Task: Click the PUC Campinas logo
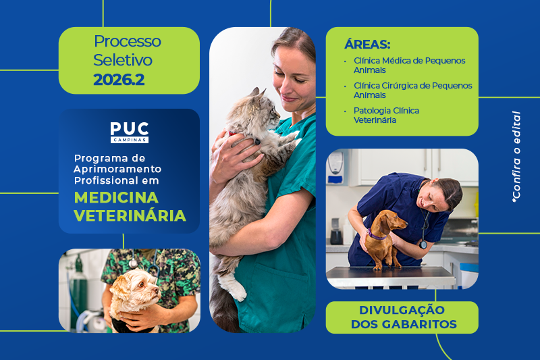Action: tap(130, 132)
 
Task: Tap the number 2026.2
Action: tap(119, 80)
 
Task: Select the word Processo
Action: tap(128, 42)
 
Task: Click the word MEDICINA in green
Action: tap(116, 198)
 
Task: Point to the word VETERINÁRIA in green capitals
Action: tap(130, 215)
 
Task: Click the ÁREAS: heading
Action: tap(367, 45)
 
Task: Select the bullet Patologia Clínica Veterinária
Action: tap(386, 115)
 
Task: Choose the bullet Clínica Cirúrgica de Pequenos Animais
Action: tap(412, 91)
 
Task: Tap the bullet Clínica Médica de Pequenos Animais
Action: tap(409, 65)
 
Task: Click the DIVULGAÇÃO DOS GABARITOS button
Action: tap(402, 317)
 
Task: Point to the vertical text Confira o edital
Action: tap(516, 157)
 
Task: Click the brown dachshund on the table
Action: tap(383, 238)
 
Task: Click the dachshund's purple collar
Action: tap(377, 234)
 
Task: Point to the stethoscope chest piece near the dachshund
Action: tap(423, 245)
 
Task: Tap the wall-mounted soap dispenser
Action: tap(335, 168)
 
